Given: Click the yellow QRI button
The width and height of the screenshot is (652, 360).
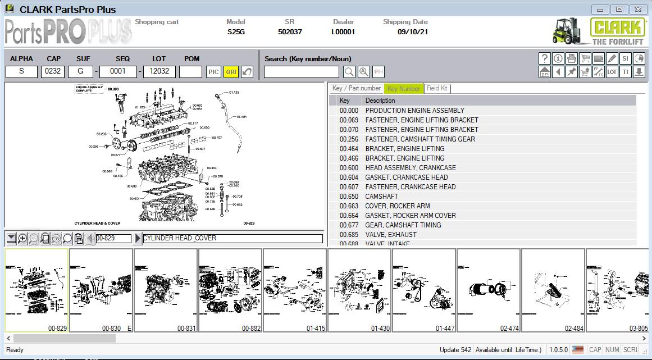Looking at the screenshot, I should pos(231,72).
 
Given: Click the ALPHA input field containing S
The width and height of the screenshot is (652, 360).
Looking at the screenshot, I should pos(21,72).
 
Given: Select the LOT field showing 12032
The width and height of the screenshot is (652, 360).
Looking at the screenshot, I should pos(159,72).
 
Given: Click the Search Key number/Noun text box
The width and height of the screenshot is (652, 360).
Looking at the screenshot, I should pos(302,72).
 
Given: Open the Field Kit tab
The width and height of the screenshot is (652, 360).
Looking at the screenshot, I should pos(437,88).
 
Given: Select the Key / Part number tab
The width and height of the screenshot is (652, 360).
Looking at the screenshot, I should pos(356,88).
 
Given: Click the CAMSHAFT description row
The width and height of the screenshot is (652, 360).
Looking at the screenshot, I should pos(382,197).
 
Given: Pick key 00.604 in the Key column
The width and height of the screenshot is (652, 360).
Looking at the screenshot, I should pos(349,177).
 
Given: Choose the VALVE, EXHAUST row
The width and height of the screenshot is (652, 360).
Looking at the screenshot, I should pos(391,235).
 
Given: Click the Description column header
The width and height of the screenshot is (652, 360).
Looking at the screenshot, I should pos(380,101).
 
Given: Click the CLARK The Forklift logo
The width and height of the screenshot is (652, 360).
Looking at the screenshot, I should pos(599,31).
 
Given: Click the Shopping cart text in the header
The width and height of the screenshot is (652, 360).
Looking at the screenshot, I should pos(157,22).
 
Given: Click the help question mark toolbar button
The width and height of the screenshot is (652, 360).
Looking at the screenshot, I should pos(544,58).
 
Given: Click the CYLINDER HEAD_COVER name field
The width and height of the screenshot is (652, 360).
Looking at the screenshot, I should pos(232,238).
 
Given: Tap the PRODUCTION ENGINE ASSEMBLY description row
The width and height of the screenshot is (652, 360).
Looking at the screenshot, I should pos(414,111).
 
